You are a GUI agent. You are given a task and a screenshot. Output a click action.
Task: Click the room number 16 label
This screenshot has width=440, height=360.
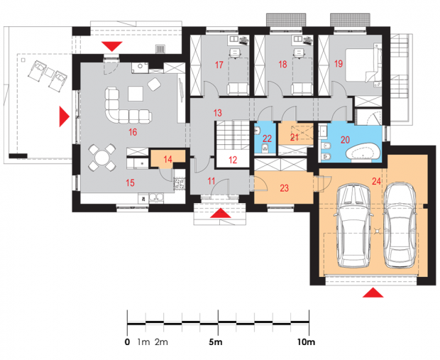tap(133, 132)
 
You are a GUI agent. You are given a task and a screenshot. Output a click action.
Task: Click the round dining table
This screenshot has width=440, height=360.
tap(102, 158)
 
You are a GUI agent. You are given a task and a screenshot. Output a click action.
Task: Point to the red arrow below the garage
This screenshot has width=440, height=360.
tap(373, 293)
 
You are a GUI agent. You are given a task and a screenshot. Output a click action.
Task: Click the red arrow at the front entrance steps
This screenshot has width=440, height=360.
tap(221, 213)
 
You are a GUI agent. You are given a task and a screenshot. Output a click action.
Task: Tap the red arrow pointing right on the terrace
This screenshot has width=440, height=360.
tap(65, 116)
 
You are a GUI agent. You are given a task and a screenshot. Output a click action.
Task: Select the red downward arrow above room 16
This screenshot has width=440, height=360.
tap(112, 46)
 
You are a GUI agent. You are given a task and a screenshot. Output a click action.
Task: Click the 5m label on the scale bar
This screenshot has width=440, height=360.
tap(216, 342)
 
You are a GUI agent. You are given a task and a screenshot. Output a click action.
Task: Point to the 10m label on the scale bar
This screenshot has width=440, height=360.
tap(306, 342)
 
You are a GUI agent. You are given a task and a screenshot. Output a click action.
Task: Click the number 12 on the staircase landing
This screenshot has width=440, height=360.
tap(233, 160)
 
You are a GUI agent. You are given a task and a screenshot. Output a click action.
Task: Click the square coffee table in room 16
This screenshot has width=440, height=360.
tap(136, 94)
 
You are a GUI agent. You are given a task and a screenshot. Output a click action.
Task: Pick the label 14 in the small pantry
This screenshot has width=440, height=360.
tap(167, 160)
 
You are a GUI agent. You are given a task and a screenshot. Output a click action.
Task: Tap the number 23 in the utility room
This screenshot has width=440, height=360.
tap(285, 188)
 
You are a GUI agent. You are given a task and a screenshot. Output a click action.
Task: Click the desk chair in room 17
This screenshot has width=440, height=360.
tap(235, 53)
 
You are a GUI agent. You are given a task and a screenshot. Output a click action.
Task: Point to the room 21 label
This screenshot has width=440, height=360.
tap(294, 138)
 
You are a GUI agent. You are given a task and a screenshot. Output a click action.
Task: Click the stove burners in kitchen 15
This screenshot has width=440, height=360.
tap(180, 183)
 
